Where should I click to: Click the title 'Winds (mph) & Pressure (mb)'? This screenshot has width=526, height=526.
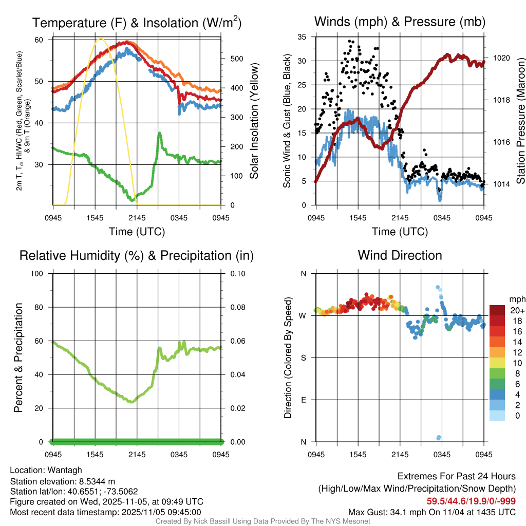400,22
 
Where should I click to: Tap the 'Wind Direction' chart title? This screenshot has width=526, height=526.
400,255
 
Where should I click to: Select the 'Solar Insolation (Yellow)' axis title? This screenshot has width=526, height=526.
254,121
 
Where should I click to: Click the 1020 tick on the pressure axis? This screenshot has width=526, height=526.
502,59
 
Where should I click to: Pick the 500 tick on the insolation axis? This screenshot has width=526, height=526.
237,59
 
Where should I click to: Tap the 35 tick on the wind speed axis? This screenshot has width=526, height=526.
303,37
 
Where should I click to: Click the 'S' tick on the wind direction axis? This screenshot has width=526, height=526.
303,358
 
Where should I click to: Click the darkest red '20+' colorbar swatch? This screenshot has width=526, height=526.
497,310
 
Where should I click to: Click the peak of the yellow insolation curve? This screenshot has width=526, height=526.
101,38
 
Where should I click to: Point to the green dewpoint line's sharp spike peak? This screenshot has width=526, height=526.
160,133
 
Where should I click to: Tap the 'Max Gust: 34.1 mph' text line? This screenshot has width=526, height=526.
432,512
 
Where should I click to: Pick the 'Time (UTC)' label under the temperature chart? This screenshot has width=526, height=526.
137,232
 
